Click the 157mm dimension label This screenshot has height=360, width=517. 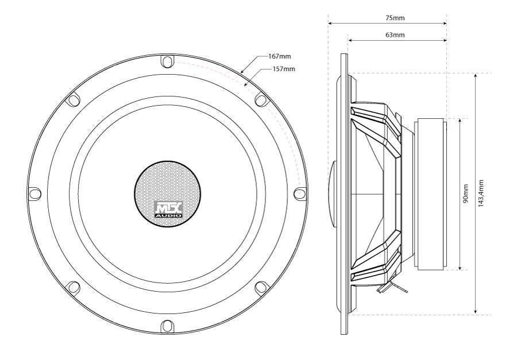click(284, 69)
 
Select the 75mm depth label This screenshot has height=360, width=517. click(395, 18)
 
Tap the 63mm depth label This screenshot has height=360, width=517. click(395, 35)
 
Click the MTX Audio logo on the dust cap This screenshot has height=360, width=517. click(168, 209)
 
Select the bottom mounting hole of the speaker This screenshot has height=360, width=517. click(166, 326)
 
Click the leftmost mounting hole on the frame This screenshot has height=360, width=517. click(33, 193)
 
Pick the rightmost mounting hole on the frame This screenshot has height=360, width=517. click(299, 193)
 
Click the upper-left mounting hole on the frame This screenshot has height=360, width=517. click(73, 99)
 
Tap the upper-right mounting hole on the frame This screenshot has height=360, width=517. click(260, 100)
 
